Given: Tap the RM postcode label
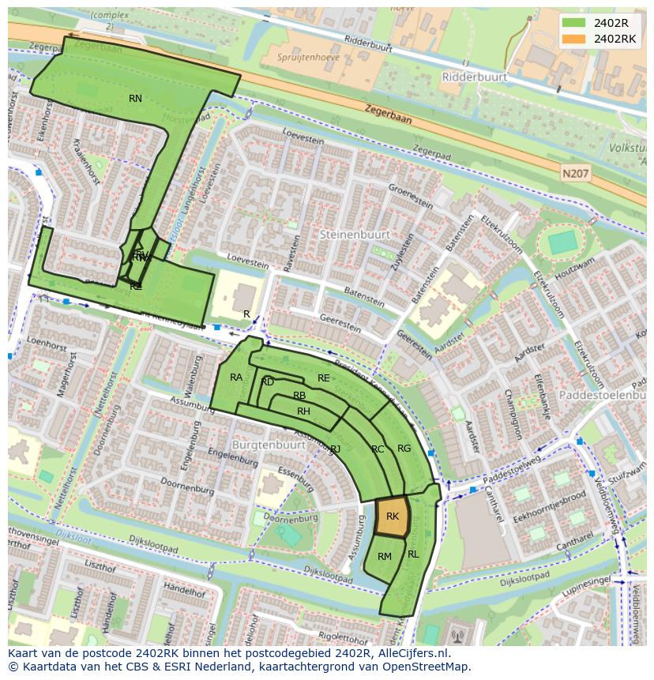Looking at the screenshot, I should [x=385, y=557].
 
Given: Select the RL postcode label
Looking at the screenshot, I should [x=413, y=554].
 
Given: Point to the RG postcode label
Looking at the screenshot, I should [x=404, y=449].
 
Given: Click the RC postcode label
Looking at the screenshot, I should [x=378, y=449].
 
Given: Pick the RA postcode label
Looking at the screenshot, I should [x=236, y=378].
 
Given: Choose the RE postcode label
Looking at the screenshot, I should [x=323, y=378].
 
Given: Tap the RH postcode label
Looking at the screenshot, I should [x=303, y=411].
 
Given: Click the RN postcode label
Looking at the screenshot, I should [x=135, y=99].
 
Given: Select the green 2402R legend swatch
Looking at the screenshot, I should [x=574, y=23].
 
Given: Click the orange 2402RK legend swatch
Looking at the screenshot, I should [x=574, y=39].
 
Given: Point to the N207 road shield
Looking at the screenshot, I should [x=577, y=171].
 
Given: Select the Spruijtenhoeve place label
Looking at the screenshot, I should [x=307, y=57].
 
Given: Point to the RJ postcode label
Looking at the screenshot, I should [x=335, y=449].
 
